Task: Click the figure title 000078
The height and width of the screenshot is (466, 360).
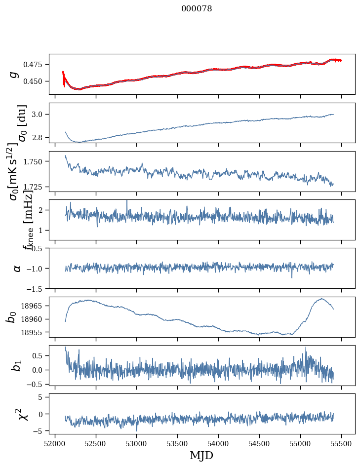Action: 197,9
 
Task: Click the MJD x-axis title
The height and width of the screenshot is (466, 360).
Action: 201,455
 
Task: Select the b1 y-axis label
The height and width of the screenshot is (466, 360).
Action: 16,365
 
